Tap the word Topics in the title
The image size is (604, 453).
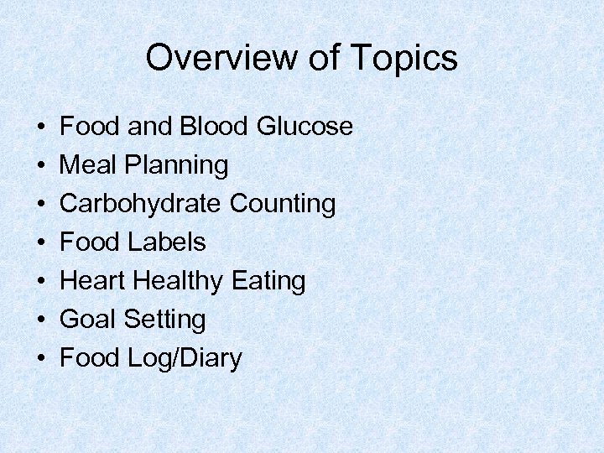(405, 58)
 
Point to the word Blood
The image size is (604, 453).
(212, 127)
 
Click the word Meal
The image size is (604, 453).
(90, 165)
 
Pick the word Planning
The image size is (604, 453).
(177, 166)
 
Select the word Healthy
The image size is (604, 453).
(183, 282)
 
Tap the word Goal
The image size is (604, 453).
(89, 320)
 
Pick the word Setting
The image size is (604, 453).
(164, 320)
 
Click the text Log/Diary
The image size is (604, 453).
(185, 359)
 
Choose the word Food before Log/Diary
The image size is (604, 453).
(91, 358)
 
